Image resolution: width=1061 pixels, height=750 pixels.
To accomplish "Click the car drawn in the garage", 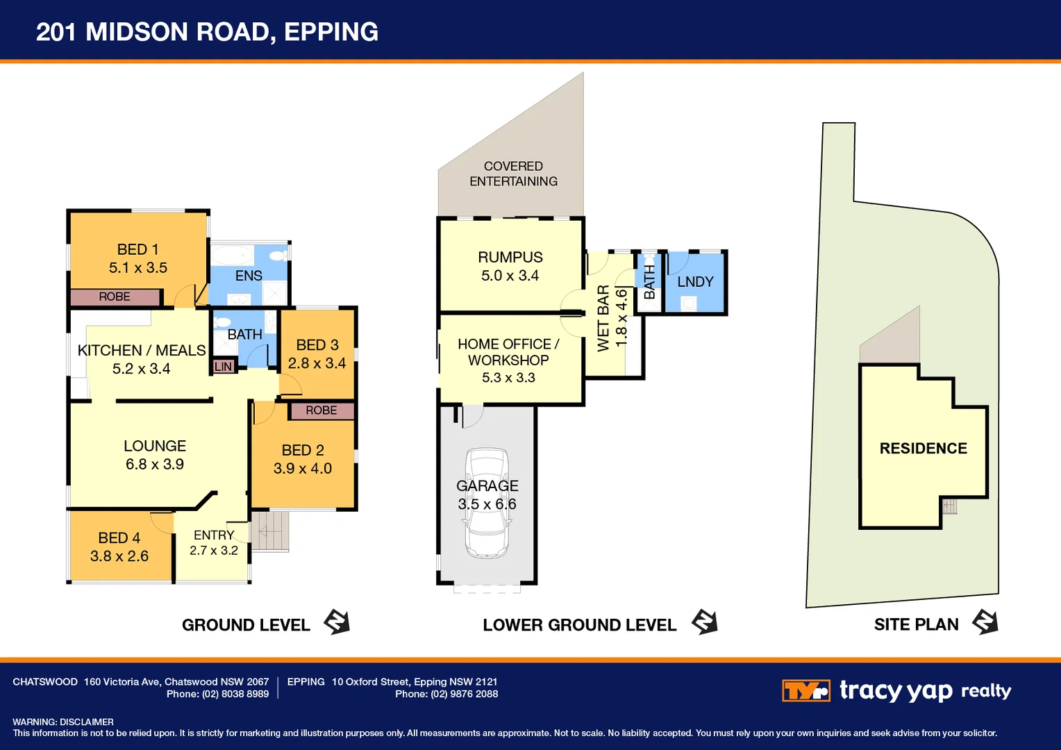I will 487,503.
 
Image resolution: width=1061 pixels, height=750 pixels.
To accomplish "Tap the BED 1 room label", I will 137,249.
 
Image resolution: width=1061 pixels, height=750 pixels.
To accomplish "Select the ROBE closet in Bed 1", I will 115,297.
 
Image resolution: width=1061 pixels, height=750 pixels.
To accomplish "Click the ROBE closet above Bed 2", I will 321,410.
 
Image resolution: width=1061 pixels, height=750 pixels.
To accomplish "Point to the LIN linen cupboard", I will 223,367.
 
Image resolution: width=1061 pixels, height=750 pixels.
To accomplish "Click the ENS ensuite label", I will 249,276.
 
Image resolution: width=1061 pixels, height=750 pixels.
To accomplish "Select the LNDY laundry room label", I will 695,282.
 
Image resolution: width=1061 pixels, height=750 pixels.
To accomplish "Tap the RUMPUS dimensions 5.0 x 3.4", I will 510,276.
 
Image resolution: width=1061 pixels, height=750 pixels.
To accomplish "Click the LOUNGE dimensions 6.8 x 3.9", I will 154,465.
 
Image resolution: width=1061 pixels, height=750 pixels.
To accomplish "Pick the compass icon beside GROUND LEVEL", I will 337,622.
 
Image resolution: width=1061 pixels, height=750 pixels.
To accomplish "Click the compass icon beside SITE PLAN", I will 985,622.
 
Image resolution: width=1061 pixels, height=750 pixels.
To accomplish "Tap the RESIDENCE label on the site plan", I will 923,449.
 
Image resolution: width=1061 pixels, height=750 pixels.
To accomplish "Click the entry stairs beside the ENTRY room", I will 269,532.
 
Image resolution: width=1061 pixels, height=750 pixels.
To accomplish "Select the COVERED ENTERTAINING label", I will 513,174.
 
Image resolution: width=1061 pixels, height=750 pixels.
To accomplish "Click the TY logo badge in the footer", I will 805,691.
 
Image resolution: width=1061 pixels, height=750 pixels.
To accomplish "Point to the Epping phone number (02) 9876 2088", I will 464,694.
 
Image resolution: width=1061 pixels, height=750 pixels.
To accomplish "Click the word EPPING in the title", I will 331,32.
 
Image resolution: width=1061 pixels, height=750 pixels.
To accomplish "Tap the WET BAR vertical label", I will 603,318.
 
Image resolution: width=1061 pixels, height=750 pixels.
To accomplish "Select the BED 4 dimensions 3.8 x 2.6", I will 119,556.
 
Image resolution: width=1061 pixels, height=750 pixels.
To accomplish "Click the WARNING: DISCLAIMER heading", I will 63,722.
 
